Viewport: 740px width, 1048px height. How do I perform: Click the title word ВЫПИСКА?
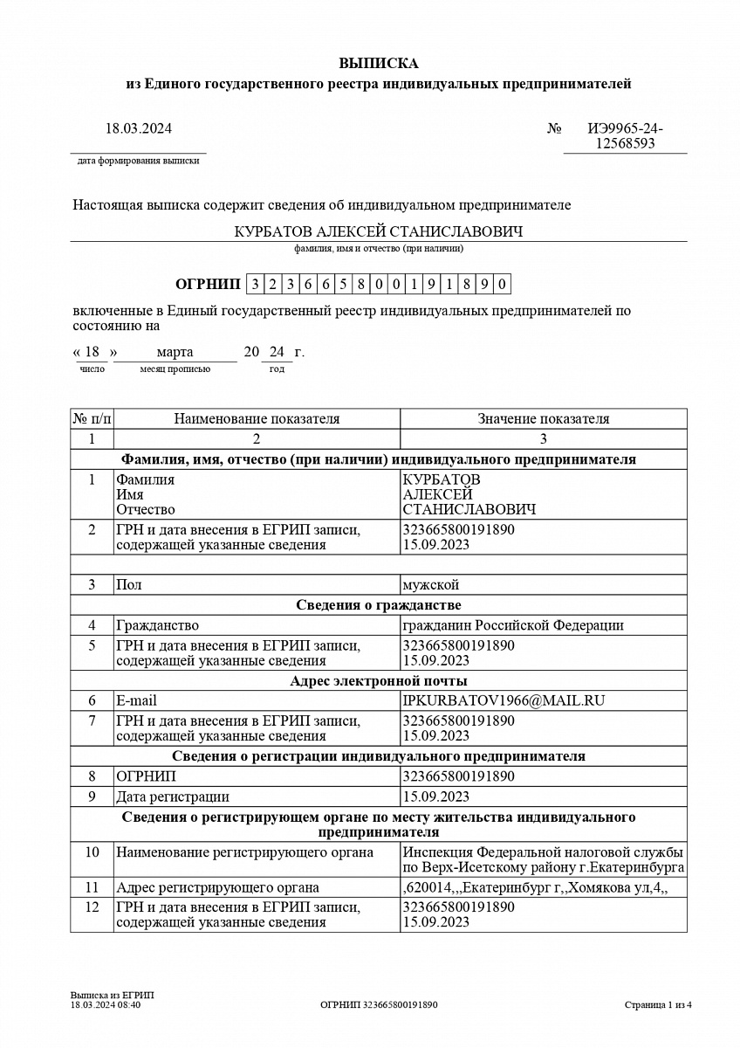click(378, 64)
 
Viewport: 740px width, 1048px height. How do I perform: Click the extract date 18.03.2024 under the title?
click(139, 128)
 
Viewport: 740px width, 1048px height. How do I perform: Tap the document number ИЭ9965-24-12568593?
click(625, 136)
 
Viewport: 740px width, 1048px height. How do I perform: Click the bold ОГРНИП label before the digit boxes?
click(207, 284)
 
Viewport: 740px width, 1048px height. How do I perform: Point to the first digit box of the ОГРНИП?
click(255, 284)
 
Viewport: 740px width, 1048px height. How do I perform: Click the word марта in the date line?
click(175, 352)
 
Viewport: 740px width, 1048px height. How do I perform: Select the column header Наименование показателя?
click(257, 418)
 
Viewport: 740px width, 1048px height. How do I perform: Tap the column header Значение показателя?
click(543, 418)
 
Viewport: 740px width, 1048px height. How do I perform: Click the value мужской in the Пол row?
click(430, 584)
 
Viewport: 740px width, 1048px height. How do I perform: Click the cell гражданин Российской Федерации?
click(512, 625)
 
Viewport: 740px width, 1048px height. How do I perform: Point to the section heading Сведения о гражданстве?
click(378, 605)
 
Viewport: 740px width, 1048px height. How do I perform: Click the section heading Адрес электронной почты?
click(378, 680)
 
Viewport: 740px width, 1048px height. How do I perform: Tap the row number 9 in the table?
click(92, 796)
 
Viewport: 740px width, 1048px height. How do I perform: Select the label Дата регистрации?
click(173, 796)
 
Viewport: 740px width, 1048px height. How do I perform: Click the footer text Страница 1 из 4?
click(658, 1004)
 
